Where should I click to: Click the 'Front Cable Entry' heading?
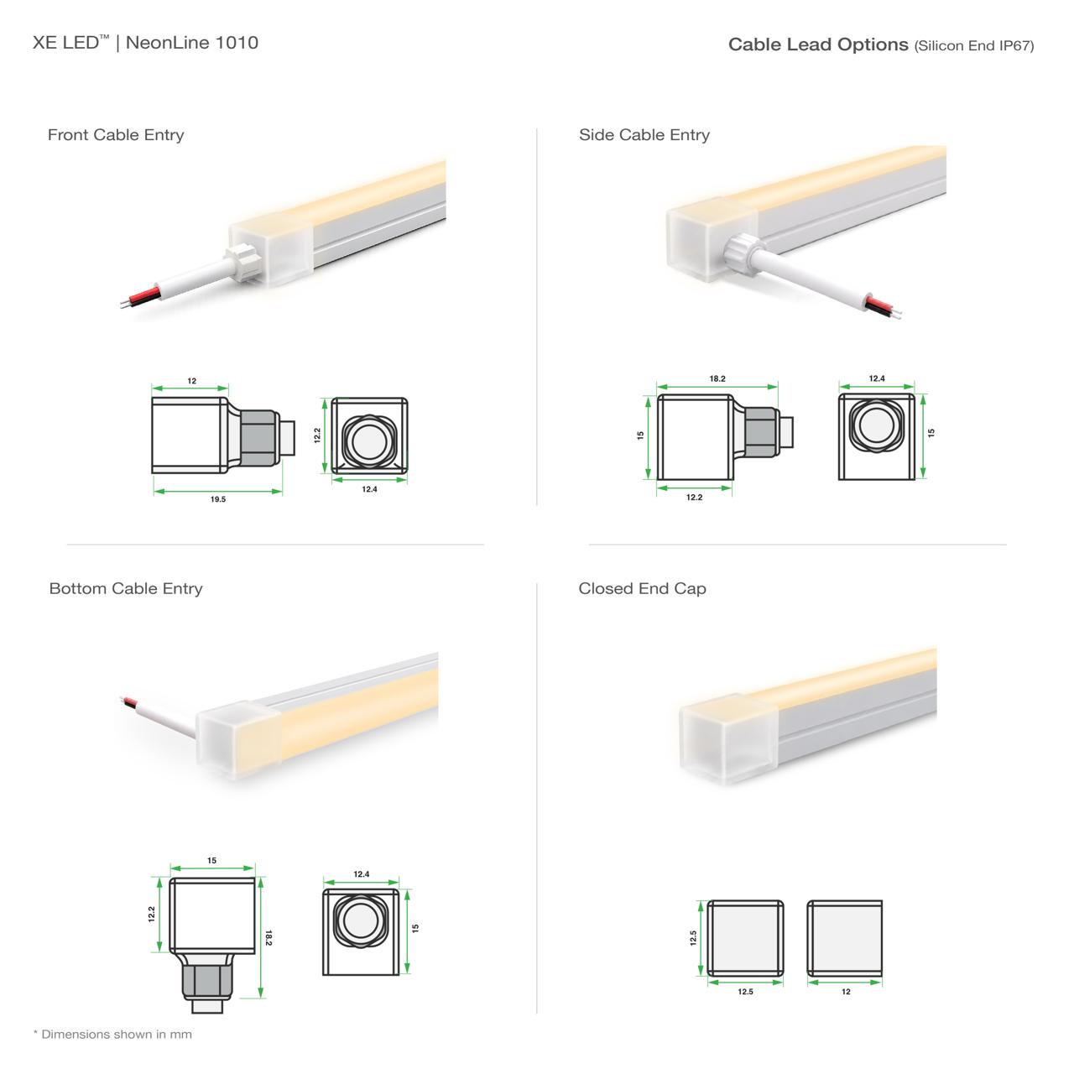pos(115,135)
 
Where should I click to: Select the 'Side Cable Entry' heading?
pos(644,135)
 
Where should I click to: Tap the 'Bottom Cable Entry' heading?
pos(125,588)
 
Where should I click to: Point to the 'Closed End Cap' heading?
pos(642,588)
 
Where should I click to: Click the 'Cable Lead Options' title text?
pos(817,44)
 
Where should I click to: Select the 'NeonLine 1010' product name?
pos(192,42)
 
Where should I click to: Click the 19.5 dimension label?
pos(218,498)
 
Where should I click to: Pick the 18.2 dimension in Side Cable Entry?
pos(717,378)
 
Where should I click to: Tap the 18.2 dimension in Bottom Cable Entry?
pos(268,937)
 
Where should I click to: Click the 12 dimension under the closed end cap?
pos(846,992)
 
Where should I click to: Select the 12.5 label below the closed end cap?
pos(745,992)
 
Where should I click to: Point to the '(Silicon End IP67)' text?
pos(973,45)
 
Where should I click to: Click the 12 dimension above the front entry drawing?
pos(192,381)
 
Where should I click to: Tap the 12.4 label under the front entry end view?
pos(369,489)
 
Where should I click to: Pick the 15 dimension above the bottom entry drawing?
pos(211,860)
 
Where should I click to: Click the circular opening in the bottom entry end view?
pos(360,920)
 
